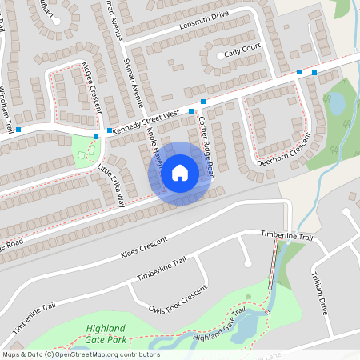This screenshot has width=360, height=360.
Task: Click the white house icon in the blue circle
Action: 179,172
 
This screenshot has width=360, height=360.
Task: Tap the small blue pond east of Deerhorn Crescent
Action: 338,103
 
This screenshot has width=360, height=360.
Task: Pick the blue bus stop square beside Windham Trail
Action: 18,129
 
